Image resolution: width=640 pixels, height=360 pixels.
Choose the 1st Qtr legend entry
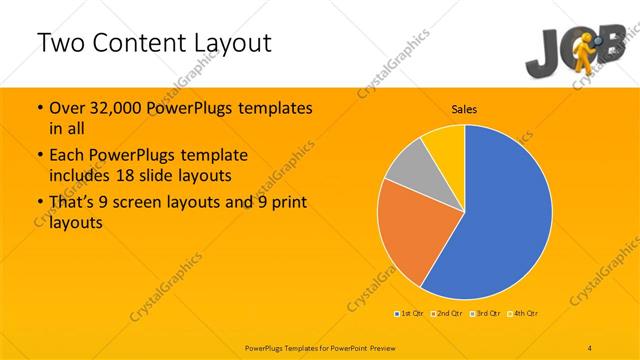click(x=409, y=314)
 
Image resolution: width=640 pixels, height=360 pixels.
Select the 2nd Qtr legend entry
click(x=447, y=314)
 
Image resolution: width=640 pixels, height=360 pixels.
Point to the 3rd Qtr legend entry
click(x=486, y=314)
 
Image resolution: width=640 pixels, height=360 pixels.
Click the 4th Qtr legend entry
click(x=523, y=314)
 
